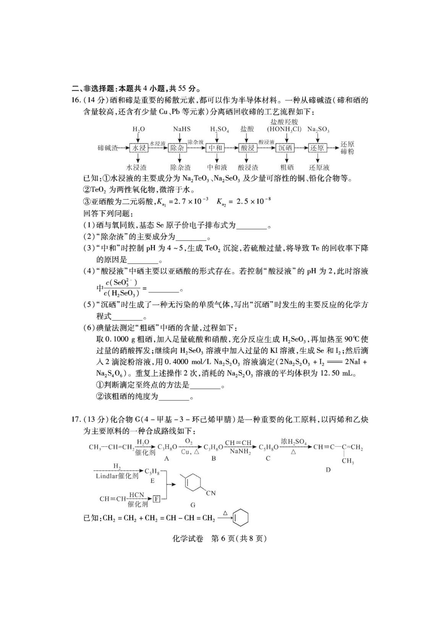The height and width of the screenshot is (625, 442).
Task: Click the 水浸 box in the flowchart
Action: point(139,148)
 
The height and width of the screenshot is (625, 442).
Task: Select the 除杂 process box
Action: point(177,148)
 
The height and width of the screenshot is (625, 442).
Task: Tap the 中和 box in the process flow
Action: point(215,148)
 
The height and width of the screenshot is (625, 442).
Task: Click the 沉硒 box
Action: point(285,148)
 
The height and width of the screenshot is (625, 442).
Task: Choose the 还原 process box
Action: point(317,148)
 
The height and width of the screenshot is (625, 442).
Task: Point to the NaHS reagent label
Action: point(181,129)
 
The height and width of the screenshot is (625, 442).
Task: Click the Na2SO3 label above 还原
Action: point(318,129)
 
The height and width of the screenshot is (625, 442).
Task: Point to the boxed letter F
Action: point(156,499)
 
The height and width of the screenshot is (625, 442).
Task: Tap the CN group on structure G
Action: point(210,493)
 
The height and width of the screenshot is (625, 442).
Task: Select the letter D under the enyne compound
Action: point(328,470)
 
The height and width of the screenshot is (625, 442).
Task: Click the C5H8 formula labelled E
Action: point(152,472)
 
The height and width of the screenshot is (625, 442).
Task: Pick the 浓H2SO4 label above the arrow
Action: point(293,442)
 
